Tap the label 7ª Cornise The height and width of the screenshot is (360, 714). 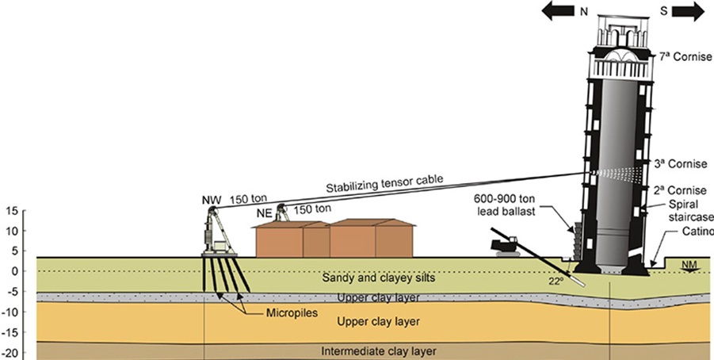click(685, 58)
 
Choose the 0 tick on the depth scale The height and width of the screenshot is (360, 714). click(14, 271)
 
